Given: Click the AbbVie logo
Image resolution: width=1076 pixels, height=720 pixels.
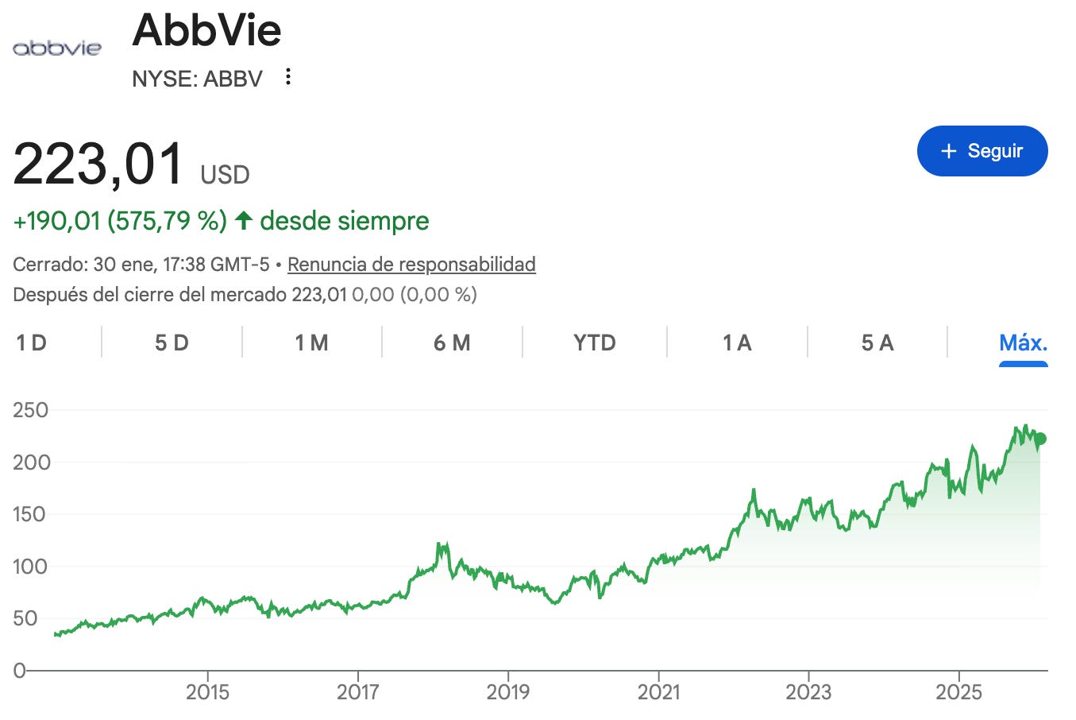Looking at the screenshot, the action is [x=57, y=48].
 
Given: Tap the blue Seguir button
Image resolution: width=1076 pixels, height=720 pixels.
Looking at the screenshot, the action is [x=982, y=151].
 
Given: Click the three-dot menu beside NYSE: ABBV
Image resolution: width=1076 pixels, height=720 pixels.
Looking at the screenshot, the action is [x=287, y=77].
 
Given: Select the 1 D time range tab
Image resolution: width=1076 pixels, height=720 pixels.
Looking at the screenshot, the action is [x=32, y=343].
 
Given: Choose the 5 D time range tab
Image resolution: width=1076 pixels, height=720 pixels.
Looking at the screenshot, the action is [x=172, y=343].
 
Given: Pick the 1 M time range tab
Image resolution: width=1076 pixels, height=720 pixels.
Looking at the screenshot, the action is [x=312, y=343].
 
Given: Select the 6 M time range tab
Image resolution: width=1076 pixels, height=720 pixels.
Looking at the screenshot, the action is [x=452, y=343].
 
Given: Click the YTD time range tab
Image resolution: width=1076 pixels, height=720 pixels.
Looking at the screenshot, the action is [x=595, y=343].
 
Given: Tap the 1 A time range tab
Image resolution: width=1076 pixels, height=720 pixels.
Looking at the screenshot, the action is [x=738, y=343].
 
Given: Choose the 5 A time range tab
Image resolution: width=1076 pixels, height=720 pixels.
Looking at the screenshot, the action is [x=877, y=343].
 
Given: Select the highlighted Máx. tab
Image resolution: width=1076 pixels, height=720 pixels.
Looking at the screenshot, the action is [x=1023, y=343].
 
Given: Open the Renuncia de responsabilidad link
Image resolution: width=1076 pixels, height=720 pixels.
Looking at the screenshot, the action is [x=411, y=265].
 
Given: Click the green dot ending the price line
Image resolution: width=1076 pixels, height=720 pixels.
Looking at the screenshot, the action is [x=1040, y=439].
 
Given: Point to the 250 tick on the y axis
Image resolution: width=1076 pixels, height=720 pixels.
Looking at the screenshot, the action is [x=31, y=410].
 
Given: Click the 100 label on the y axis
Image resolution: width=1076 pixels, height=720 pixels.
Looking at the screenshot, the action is [x=30, y=567].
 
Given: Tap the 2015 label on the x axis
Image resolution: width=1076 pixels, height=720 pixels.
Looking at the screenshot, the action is [x=207, y=692].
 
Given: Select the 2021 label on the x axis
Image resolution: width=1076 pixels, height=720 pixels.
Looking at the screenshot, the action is [x=658, y=692].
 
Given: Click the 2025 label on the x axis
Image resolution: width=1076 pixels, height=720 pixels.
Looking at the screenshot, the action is [x=958, y=692].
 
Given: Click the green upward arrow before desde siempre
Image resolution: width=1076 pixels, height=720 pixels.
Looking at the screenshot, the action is [x=244, y=221].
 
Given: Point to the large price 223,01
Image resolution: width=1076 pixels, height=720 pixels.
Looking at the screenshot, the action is [x=98, y=164].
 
